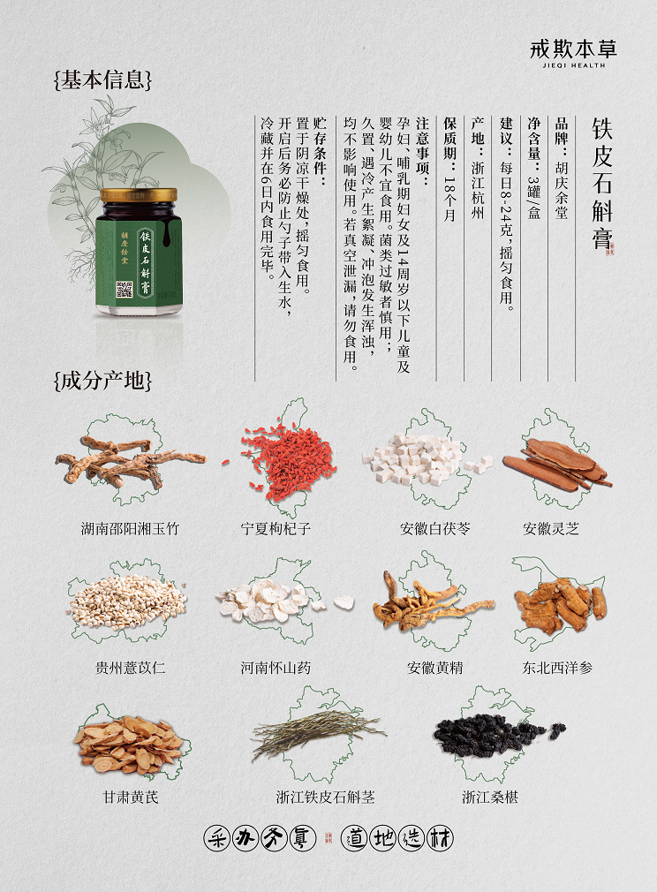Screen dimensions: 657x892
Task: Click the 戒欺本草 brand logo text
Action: click(x=573, y=49)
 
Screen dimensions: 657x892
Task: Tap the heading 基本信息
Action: click(x=103, y=80)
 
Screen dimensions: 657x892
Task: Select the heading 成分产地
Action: click(x=103, y=381)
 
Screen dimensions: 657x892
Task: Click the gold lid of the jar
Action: click(x=139, y=194)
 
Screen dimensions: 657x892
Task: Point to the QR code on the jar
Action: click(x=124, y=289)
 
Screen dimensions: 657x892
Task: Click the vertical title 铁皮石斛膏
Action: click(x=602, y=183)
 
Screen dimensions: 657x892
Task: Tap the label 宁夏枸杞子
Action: click(x=276, y=528)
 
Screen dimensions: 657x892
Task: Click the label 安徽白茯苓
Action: click(x=435, y=528)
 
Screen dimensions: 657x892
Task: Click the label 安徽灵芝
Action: click(x=551, y=528)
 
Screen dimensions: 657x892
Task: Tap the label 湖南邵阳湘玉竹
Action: click(x=131, y=528)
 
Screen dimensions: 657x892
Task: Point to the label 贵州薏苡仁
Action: click(x=131, y=668)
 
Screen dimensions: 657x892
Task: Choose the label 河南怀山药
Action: click(x=276, y=668)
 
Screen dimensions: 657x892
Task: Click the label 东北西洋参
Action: click(x=557, y=668)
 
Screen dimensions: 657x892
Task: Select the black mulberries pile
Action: click(x=495, y=734)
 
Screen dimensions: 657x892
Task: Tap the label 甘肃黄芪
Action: click(x=131, y=797)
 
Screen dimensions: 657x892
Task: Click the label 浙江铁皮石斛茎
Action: click(x=325, y=797)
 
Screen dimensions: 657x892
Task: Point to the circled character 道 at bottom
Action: click(x=354, y=838)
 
